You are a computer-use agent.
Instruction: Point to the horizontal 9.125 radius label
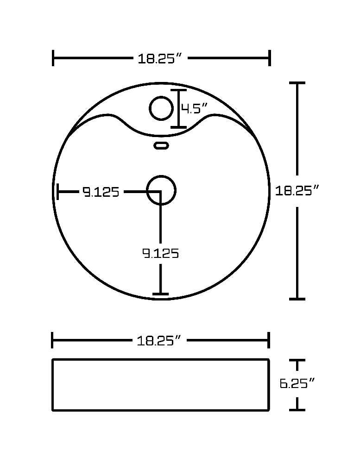pyautogui.click(x=101, y=192)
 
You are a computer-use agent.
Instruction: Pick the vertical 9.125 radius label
pyautogui.click(x=161, y=253)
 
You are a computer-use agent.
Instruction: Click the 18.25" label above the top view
pyautogui.click(x=159, y=58)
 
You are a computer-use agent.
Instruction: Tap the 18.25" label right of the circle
pyautogui.click(x=297, y=190)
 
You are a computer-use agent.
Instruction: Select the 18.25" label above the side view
pyautogui.click(x=159, y=340)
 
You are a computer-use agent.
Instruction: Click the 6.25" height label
pyautogui.click(x=297, y=383)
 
